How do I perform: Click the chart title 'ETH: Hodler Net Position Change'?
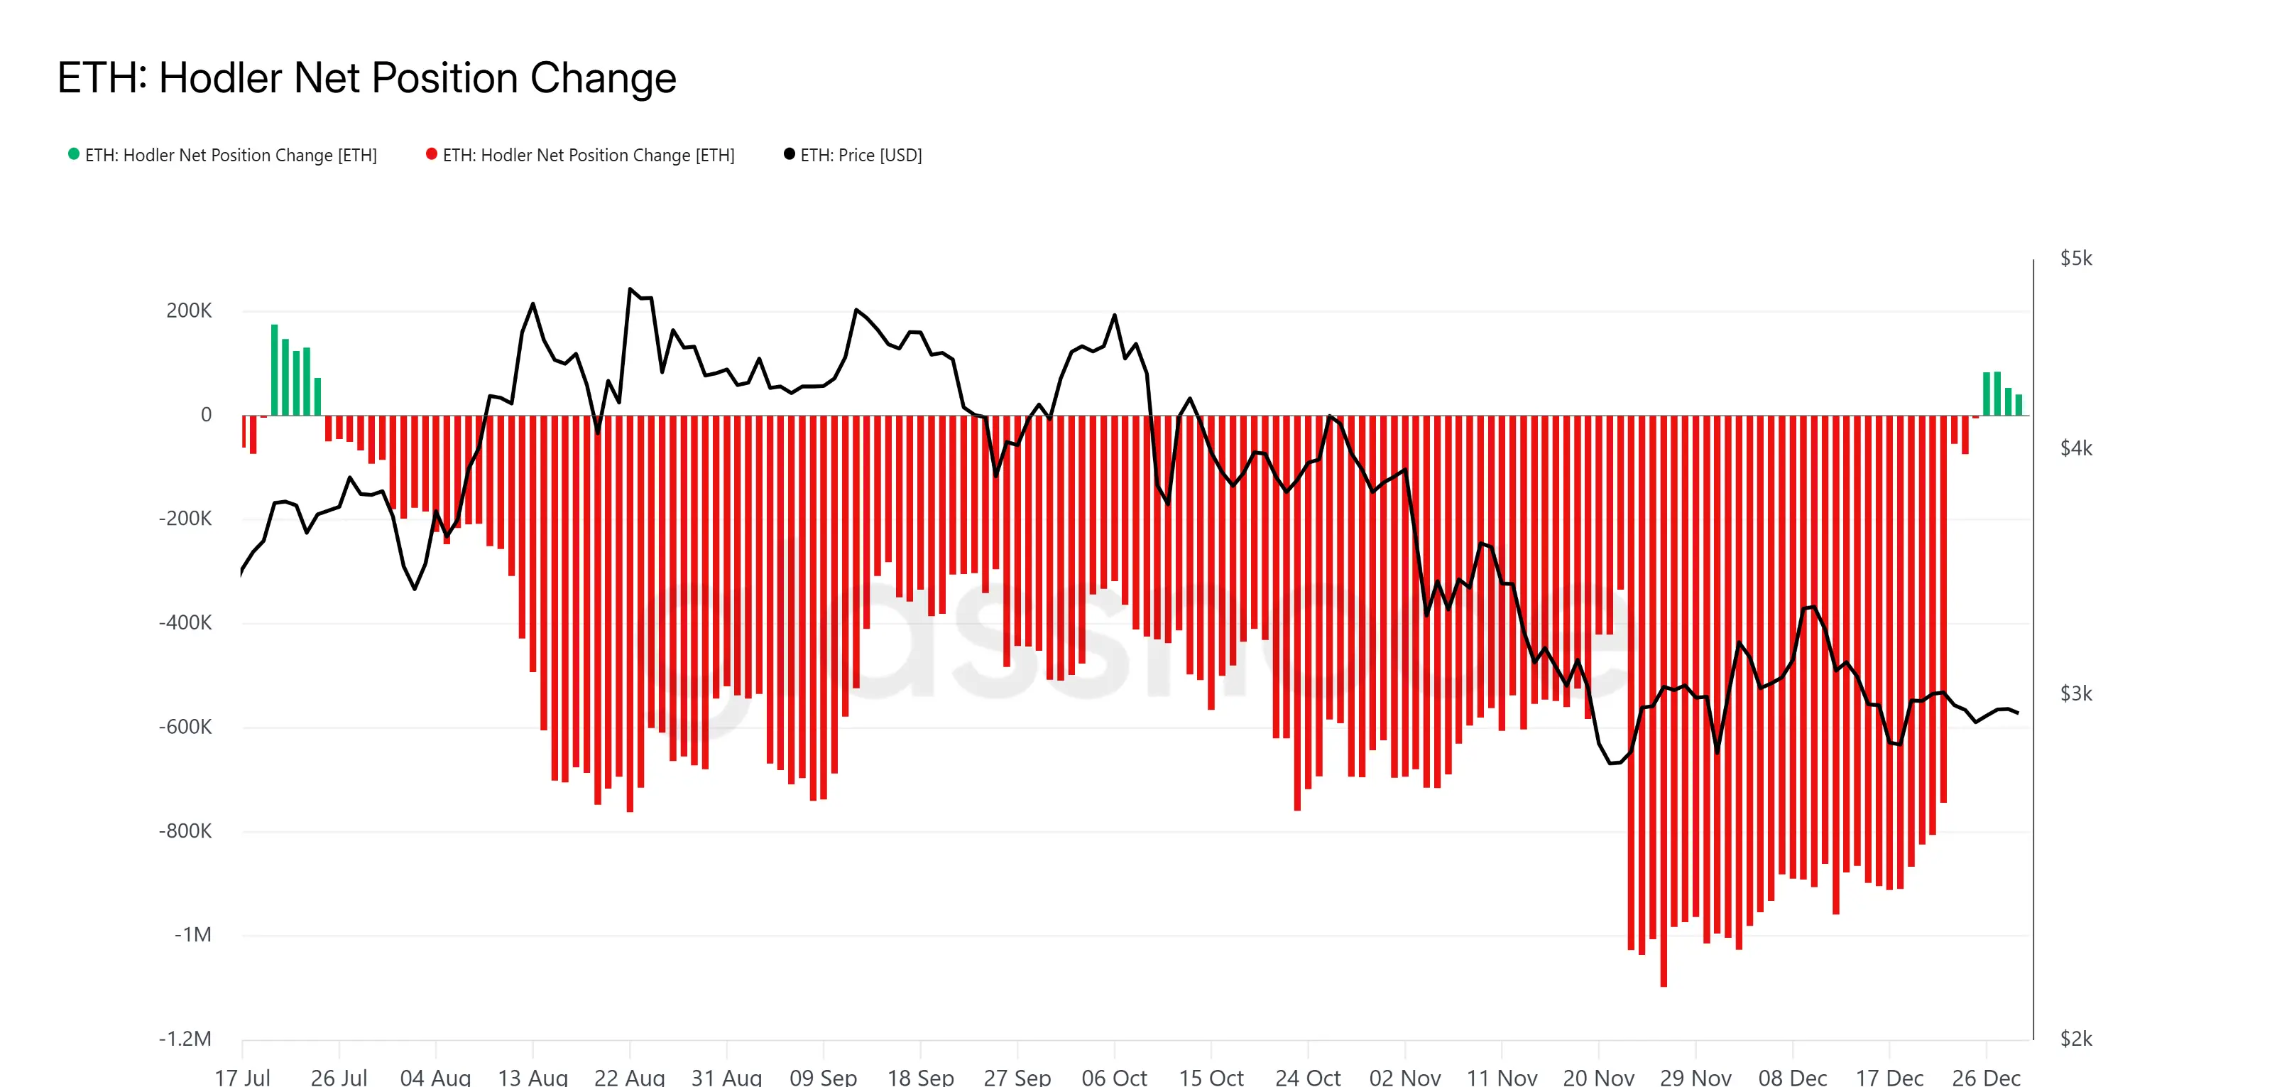pos(366,79)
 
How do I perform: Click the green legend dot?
pos(74,154)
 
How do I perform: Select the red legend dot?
pos(431,154)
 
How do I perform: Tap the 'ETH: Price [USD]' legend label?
pos(861,156)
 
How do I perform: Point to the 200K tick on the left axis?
pos(189,310)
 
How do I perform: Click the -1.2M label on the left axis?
pos(185,1039)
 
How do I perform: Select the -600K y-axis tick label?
pos(185,727)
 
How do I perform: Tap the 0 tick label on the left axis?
pos(207,415)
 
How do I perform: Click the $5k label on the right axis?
pos(2075,259)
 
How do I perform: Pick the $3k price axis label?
pos(2075,693)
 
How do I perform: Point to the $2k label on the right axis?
pos(2075,1039)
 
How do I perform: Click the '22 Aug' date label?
pos(629,1076)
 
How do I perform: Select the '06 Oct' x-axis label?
pos(1114,1076)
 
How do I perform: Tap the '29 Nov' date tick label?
pos(1695,1076)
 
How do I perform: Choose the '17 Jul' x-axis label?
pos(243,1076)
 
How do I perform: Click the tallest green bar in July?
pos(274,371)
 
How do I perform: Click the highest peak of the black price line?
pos(630,288)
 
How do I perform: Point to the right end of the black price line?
pos(2018,713)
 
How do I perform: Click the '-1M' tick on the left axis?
pos(193,934)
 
